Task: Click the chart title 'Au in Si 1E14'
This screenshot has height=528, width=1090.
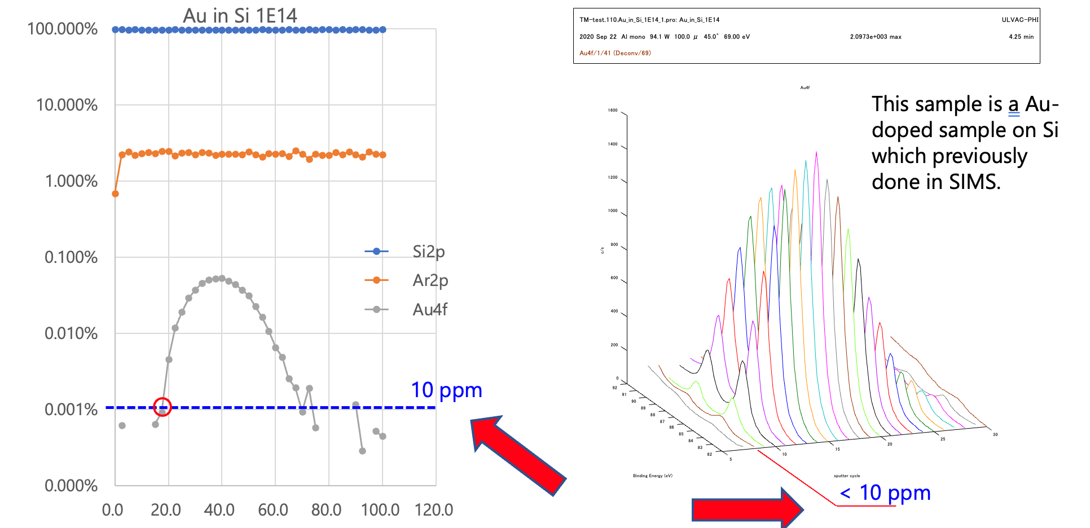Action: [240, 15]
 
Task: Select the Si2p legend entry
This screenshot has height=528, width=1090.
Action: [428, 251]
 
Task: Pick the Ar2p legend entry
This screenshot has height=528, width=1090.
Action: [430, 280]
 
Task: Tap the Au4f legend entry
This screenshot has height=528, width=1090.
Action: [430, 309]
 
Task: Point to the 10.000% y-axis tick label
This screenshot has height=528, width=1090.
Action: [67, 105]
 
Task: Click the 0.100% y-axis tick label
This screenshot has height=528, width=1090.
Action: [71, 257]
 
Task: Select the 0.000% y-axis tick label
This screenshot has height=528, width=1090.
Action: [71, 486]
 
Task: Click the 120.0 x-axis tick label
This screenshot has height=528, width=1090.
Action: [433, 510]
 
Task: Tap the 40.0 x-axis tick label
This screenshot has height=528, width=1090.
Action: [219, 510]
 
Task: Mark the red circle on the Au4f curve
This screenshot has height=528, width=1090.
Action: [162, 406]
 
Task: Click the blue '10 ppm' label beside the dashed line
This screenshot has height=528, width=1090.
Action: [446, 390]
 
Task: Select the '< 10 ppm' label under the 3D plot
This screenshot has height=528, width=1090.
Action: [885, 492]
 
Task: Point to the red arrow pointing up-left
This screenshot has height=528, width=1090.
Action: [517, 454]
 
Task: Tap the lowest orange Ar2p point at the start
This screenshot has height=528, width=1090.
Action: [115, 193]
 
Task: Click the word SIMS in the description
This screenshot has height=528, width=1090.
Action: [974, 182]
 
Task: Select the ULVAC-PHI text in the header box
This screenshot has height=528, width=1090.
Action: [1019, 20]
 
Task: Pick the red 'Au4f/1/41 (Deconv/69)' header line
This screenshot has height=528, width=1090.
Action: [615, 53]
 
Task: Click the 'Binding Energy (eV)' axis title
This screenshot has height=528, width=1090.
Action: [652, 476]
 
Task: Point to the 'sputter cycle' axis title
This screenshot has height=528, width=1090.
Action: [847, 476]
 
